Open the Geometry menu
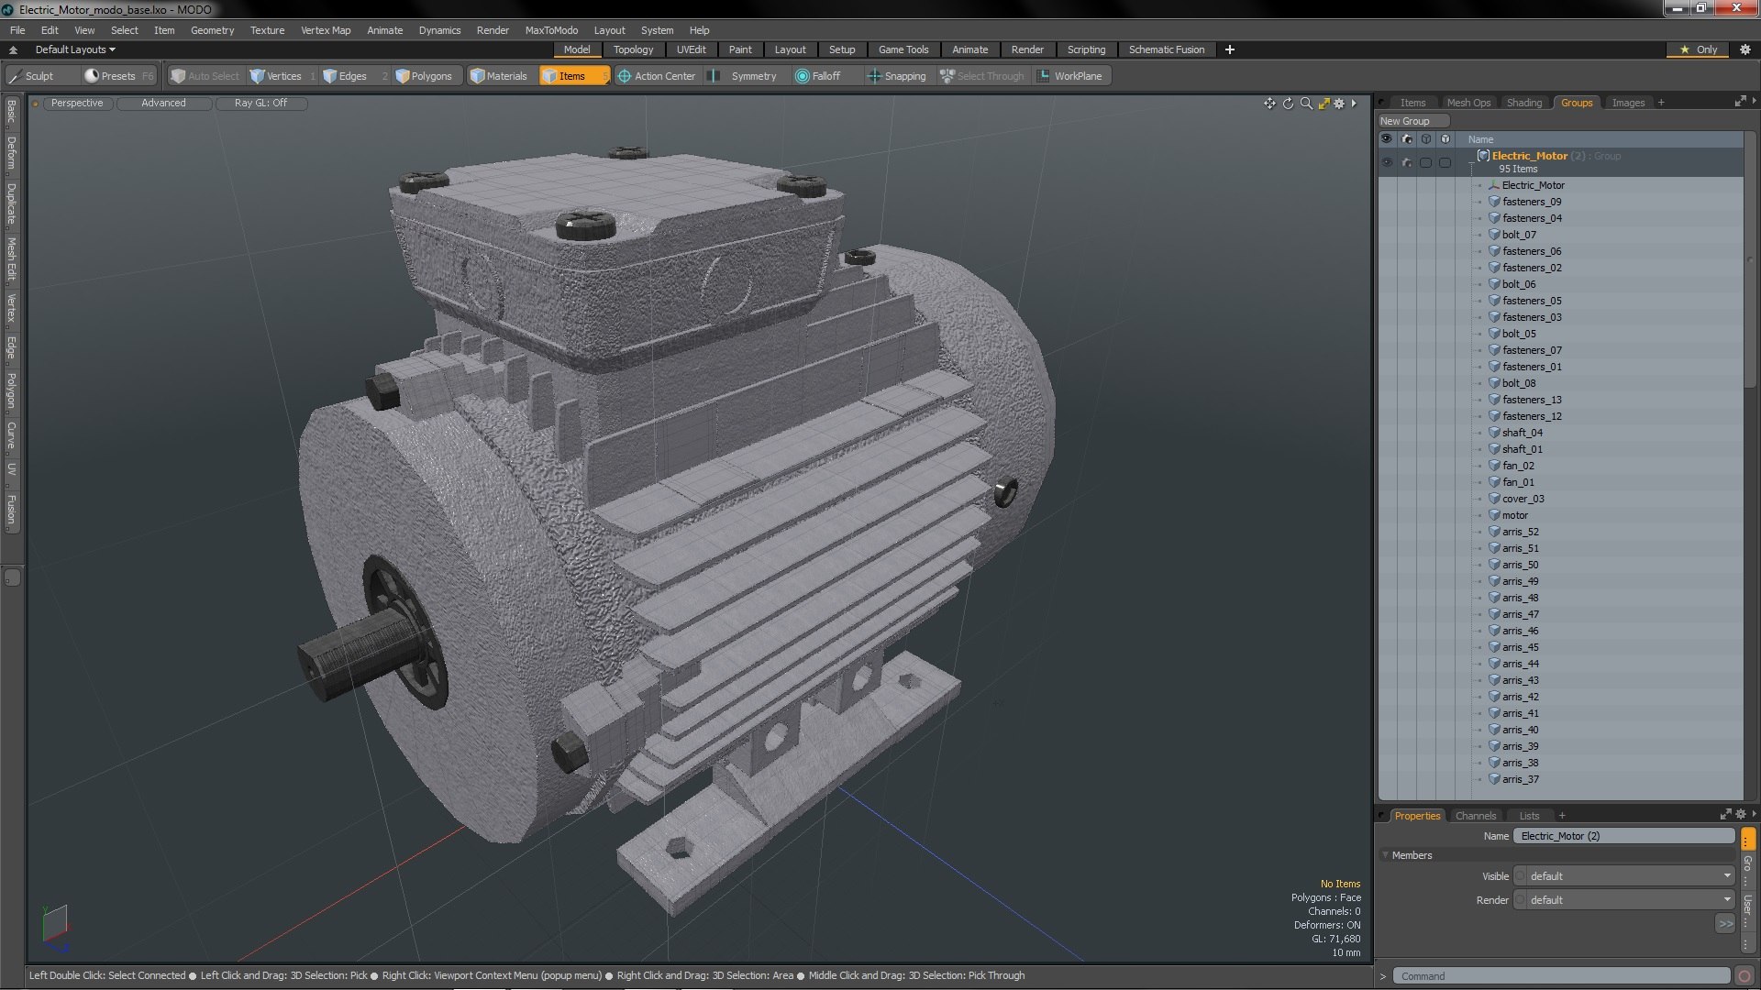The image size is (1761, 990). point(212,30)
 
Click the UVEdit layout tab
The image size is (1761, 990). point(691,49)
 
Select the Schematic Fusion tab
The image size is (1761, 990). point(1166,49)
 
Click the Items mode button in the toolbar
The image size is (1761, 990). point(571,76)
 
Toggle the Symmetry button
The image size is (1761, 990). point(752,76)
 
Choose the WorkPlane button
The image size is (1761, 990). point(1077,76)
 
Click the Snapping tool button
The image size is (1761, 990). point(903,76)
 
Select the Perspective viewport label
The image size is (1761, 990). point(77,103)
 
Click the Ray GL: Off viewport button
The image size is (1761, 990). point(260,103)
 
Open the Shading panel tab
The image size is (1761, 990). point(1523,103)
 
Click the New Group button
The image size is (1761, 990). point(1405,121)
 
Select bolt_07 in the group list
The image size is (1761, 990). point(1519,235)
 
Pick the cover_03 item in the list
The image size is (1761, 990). point(1523,499)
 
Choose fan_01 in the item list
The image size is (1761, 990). point(1518,482)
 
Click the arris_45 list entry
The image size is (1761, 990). point(1520,647)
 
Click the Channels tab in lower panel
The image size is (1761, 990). point(1475,816)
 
